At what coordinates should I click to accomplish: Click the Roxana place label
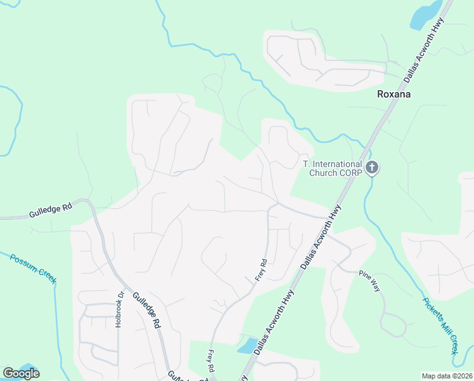click(x=394, y=94)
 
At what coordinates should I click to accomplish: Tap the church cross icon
click(x=372, y=168)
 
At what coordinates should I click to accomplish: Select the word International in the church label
click(x=335, y=164)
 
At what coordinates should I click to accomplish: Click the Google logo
click(x=21, y=373)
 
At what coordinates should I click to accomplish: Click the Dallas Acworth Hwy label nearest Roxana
click(x=423, y=50)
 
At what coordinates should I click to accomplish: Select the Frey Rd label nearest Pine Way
click(x=263, y=270)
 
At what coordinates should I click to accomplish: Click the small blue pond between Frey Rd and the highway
click(x=245, y=345)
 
